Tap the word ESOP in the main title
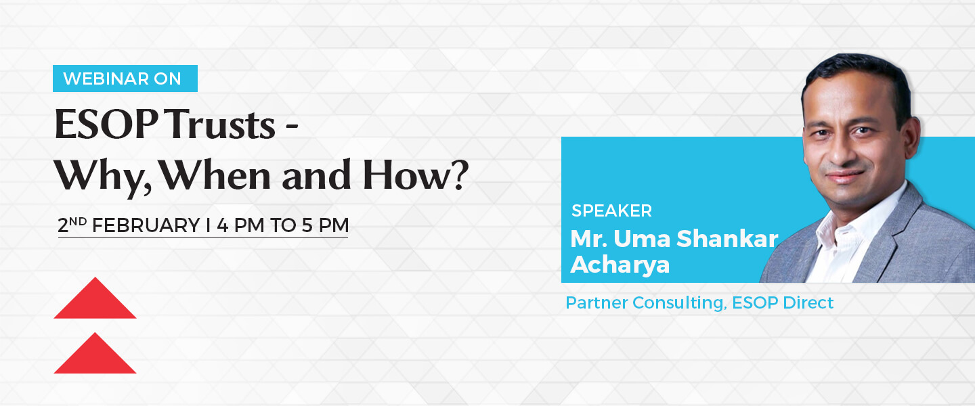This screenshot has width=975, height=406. point(106,125)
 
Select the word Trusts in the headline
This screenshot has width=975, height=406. point(221,125)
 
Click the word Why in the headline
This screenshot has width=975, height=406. point(103,176)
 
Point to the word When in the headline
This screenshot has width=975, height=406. point(215,175)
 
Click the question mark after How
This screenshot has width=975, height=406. point(459,174)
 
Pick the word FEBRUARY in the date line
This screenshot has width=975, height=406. point(146,226)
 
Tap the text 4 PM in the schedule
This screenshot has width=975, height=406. point(241,226)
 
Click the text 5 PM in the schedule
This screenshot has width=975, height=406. point(326,226)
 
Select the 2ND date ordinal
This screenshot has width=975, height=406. point(72,225)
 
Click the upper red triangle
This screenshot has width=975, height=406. point(95,298)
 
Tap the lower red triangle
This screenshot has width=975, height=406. point(95,353)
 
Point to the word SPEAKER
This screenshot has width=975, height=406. point(611,211)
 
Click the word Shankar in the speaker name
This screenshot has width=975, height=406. point(727,238)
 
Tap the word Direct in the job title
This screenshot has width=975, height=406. point(808,302)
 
